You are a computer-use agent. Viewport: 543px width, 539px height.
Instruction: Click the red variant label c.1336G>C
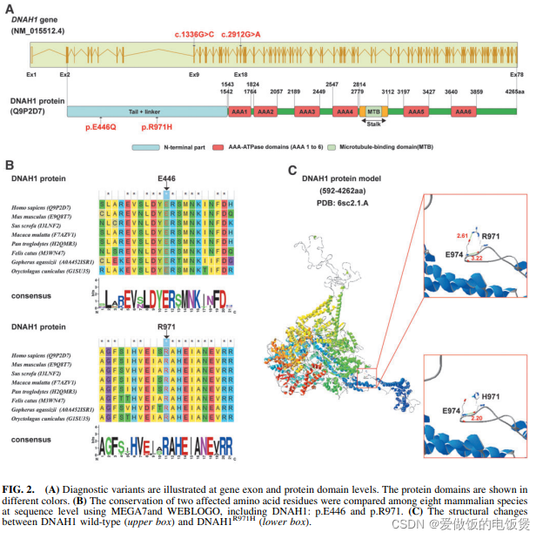point(194,34)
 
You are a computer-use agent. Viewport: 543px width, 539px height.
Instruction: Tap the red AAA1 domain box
point(238,111)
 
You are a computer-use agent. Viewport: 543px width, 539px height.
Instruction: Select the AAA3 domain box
point(306,111)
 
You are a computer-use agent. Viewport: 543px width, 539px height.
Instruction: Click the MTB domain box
point(373,111)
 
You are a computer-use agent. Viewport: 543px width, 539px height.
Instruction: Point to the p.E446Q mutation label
point(102,127)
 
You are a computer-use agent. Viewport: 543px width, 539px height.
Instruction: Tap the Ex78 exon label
point(516,75)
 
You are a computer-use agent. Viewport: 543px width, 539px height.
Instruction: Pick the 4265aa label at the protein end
point(514,91)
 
